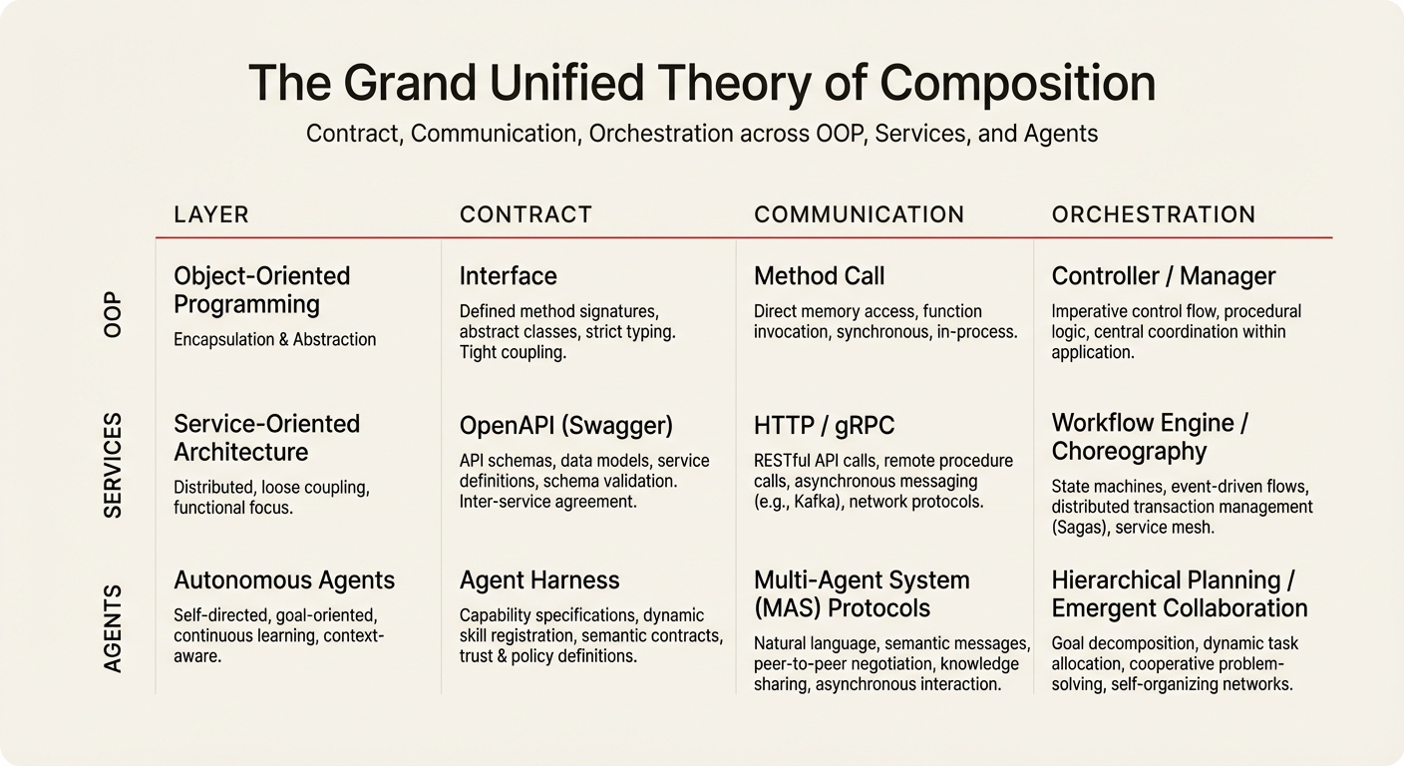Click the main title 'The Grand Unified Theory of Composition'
click(x=701, y=84)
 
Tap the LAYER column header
click(x=210, y=214)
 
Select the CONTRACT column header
click(x=526, y=214)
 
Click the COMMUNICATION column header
click(x=859, y=214)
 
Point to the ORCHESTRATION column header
click(x=1153, y=214)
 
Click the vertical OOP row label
click(x=113, y=313)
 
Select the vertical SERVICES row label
click(x=113, y=465)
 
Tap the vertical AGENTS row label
click(x=113, y=628)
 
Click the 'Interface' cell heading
click(x=508, y=276)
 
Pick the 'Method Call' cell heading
click(x=819, y=276)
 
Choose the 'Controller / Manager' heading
click(x=1163, y=276)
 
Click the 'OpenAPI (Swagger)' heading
click(x=565, y=426)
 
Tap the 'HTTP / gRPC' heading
click(x=824, y=426)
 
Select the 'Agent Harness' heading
click(x=538, y=580)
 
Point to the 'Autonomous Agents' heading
click(x=283, y=580)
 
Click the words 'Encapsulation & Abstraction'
click(x=274, y=340)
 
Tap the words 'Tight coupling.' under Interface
click(x=513, y=352)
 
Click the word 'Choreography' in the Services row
click(x=1129, y=452)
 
